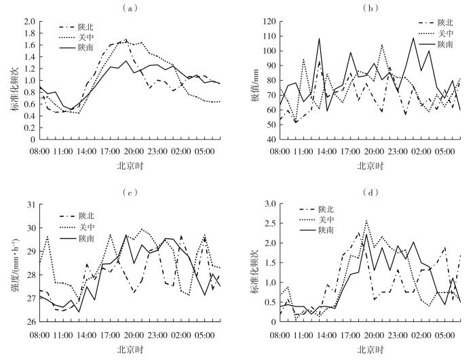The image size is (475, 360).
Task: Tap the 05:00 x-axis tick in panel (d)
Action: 444,334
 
